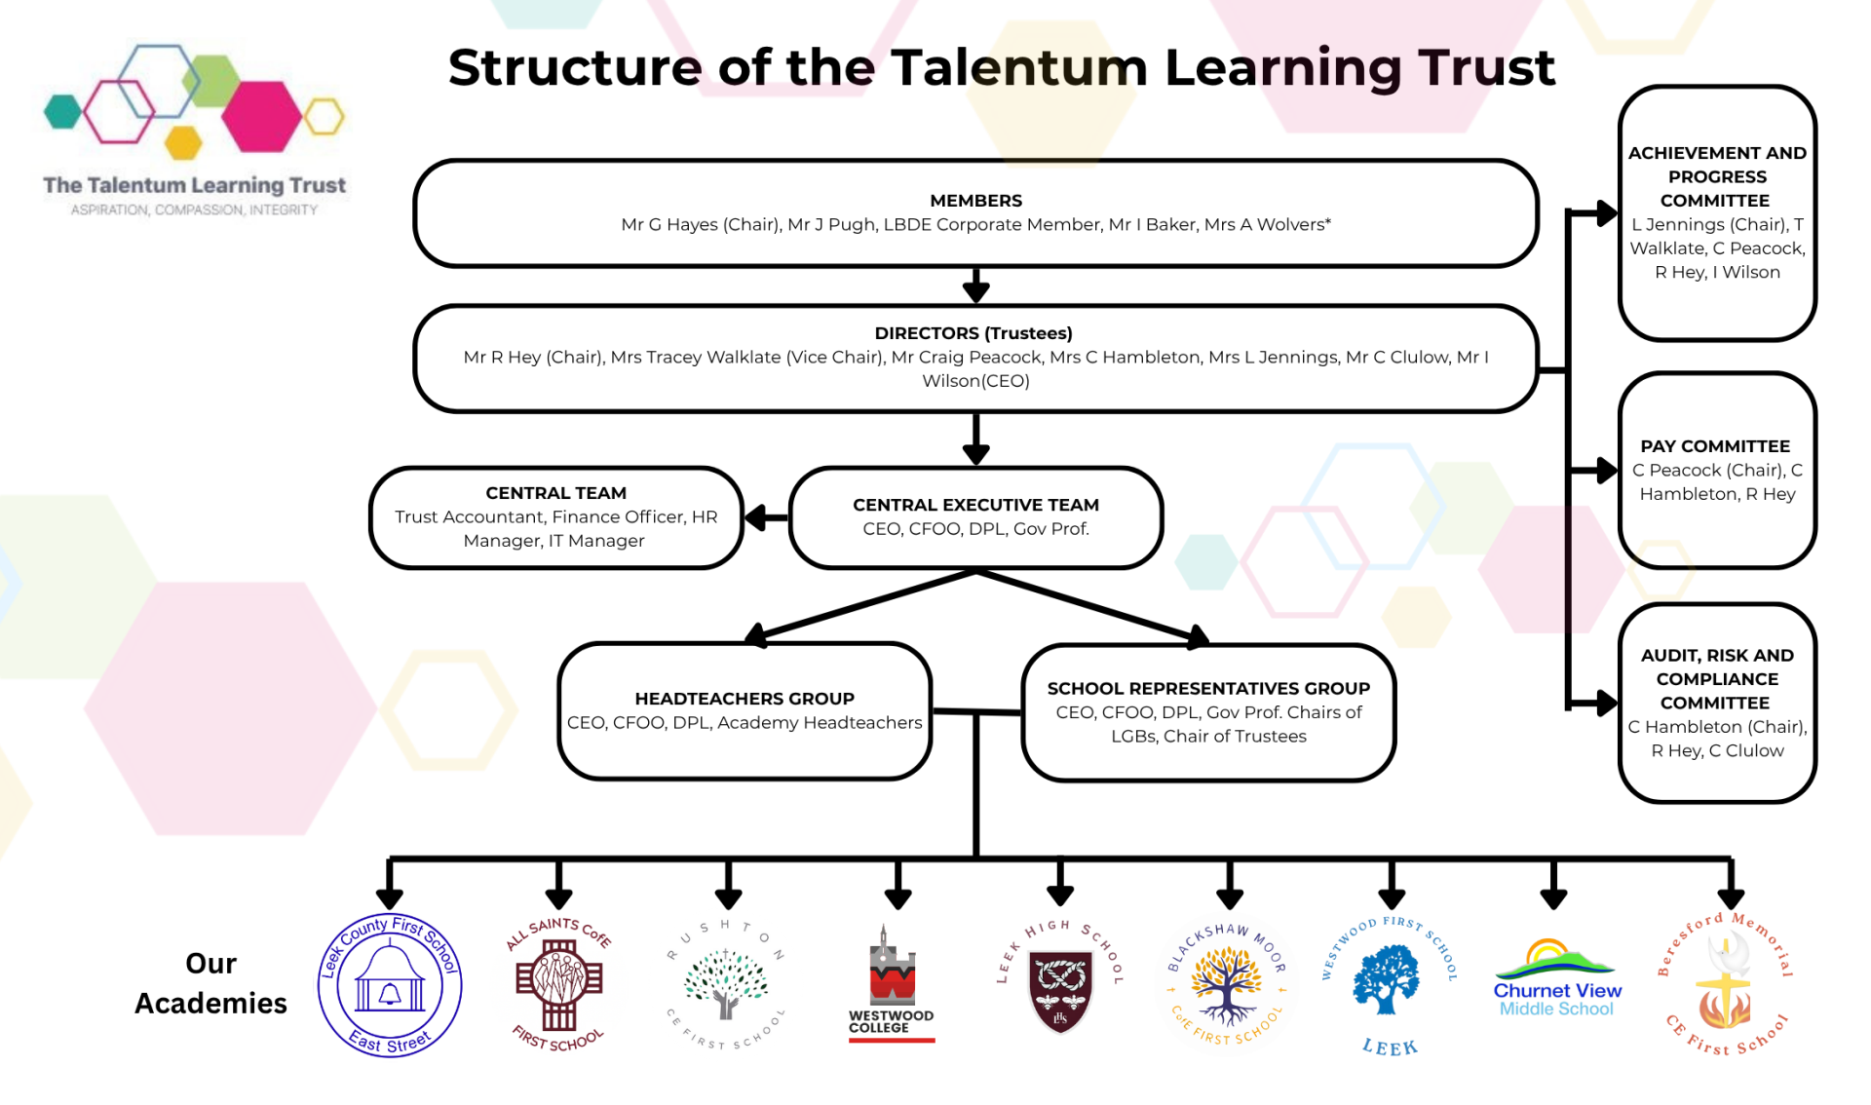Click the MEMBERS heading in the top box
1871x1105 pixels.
(x=975, y=201)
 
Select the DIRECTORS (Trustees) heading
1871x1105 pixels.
(x=974, y=333)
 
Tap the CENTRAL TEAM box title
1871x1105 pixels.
(x=555, y=493)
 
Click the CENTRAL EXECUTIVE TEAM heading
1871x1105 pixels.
(x=975, y=505)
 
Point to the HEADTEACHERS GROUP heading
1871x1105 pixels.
(x=745, y=699)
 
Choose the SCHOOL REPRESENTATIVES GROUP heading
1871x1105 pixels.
(x=1208, y=688)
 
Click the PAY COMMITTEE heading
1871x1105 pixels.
(x=1715, y=446)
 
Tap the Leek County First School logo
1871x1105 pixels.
(x=390, y=985)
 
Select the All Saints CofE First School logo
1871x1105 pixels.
(x=558, y=984)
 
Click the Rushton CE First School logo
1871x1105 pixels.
(x=726, y=984)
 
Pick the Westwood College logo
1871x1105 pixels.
(x=892, y=984)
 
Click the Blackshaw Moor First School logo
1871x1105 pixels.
(x=1228, y=984)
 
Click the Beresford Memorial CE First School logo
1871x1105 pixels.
(x=1726, y=984)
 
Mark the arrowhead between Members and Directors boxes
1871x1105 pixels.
(x=975, y=290)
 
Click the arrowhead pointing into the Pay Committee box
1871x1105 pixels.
(x=1606, y=471)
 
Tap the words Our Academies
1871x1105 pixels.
(x=210, y=983)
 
